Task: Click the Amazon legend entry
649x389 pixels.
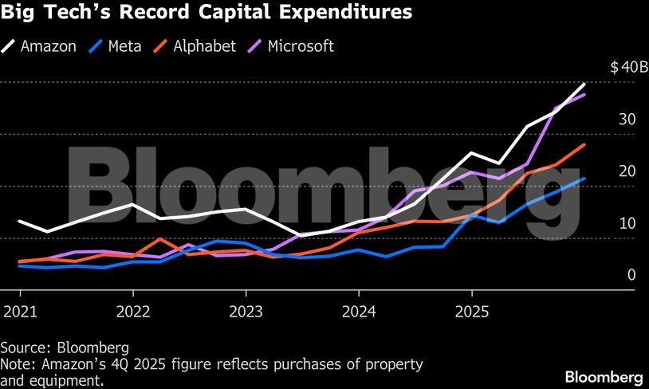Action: tap(39, 45)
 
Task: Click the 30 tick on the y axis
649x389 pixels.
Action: tap(628, 120)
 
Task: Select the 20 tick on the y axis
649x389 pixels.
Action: tap(628, 171)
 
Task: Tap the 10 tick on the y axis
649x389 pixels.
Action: tap(628, 223)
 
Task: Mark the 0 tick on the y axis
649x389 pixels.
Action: tap(631, 275)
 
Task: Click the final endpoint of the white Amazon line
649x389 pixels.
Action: tap(585, 84)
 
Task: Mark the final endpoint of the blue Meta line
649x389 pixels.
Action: tap(585, 179)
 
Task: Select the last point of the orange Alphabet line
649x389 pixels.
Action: tap(585, 144)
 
